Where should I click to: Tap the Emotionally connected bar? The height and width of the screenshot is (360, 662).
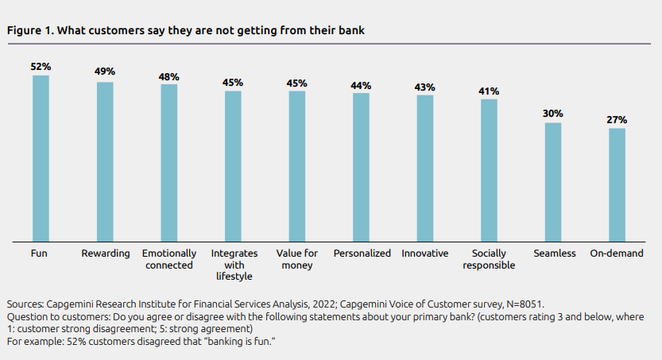pyautogui.click(x=168, y=162)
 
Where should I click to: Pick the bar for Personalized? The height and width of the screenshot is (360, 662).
pyautogui.click(x=361, y=167)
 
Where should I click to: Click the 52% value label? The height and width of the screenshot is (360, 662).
pyautogui.click(x=41, y=68)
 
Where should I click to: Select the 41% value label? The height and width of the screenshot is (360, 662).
pyautogui.click(x=489, y=91)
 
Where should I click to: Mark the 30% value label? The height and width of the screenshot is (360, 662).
pyautogui.click(x=553, y=114)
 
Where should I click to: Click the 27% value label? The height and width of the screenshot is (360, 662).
pyautogui.click(x=617, y=120)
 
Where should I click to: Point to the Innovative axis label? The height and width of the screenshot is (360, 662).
pyautogui.click(x=425, y=254)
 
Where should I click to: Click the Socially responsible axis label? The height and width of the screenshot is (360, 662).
pyautogui.click(x=489, y=259)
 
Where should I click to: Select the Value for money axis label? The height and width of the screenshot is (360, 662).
pyautogui.click(x=296, y=259)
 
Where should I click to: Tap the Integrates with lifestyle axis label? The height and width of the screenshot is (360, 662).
pyautogui.click(x=232, y=265)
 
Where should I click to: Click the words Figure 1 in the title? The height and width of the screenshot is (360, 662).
pyautogui.click(x=29, y=30)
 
